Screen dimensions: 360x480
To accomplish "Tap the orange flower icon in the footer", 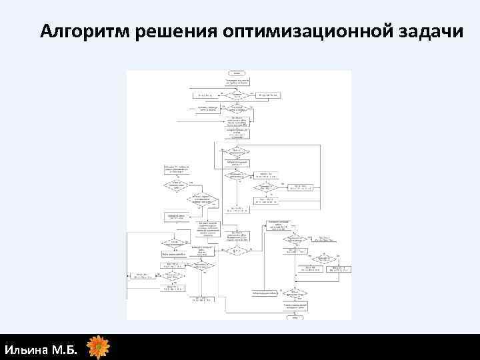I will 99,347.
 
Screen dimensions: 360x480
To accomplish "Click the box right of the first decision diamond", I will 270,95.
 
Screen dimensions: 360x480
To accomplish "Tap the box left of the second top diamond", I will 207,109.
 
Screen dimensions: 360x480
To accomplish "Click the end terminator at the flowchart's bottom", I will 294,315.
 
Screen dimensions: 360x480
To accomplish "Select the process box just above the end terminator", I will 294,305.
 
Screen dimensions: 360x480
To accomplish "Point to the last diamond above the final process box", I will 294,293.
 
